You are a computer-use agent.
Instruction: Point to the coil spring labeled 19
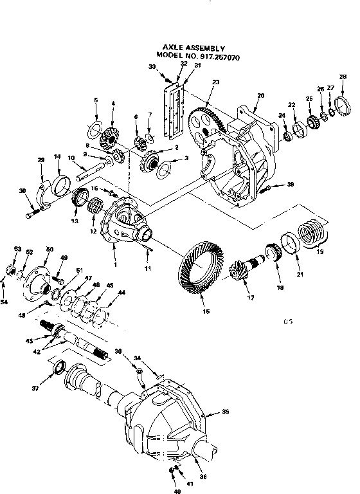(313, 233)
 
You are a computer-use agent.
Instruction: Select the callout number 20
(260, 95)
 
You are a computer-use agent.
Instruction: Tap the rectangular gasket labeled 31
(172, 115)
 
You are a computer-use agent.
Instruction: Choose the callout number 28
(343, 77)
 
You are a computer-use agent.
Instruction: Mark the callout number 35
(225, 411)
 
